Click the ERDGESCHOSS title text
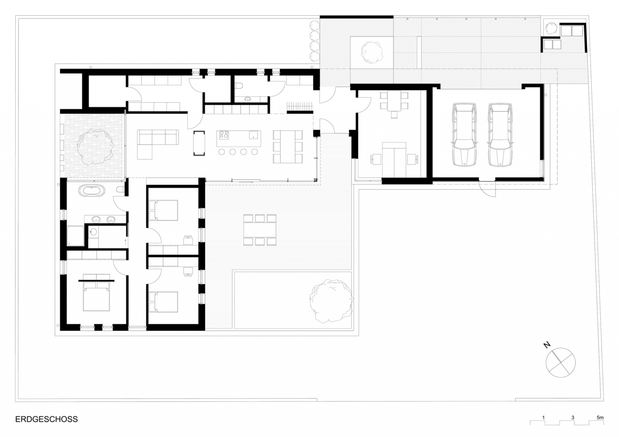pyautogui.click(x=47, y=419)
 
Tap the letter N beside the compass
pyautogui.click(x=547, y=345)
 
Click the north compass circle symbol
pyautogui.click(x=561, y=363)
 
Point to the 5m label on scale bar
pyautogui.click(x=600, y=417)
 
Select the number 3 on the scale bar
pyautogui.click(x=573, y=417)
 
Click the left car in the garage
pyautogui.click(x=464, y=135)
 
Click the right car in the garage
pyautogui.click(x=500, y=135)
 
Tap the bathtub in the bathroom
pyautogui.click(x=92, y=191)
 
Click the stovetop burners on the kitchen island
pyautogui.click(x=224, y=135)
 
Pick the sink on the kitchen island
pyautogui.click(x=253, y=135)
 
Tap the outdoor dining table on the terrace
pyautogui.click(x=260, y=230)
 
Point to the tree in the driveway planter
pyautogui.click(x=372, y=53)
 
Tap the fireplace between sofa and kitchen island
pyautogui.click(x=199, y=144)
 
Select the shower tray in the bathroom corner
pyautogui.click(x=75, y=236)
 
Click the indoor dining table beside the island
pyautogui.click(x=288, y=146)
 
